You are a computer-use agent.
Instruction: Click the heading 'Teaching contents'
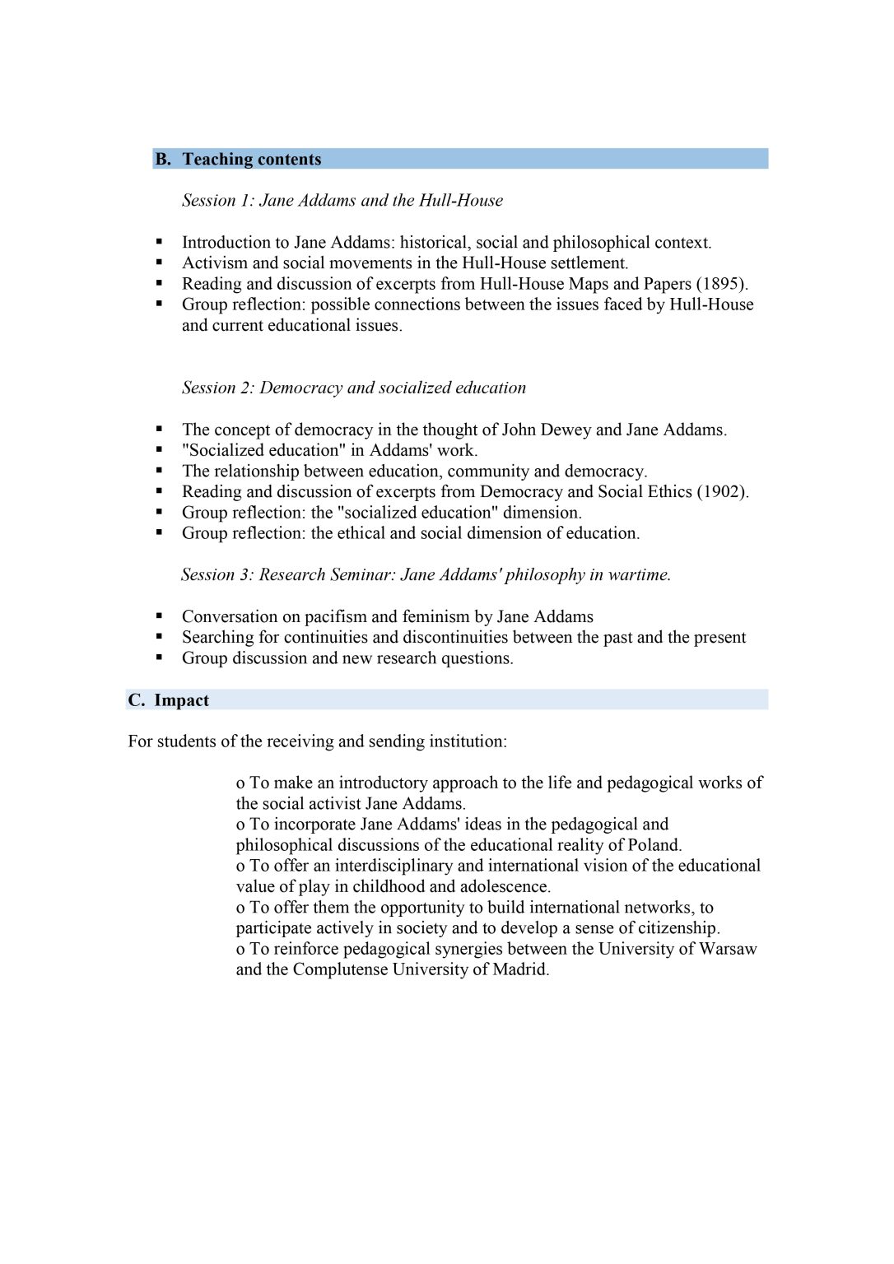pos(251,159)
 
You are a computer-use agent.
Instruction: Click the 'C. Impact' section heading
pos(169,700)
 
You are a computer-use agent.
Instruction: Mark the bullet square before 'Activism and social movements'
pos(160,263)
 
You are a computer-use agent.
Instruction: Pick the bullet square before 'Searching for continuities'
pos(160,637)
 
